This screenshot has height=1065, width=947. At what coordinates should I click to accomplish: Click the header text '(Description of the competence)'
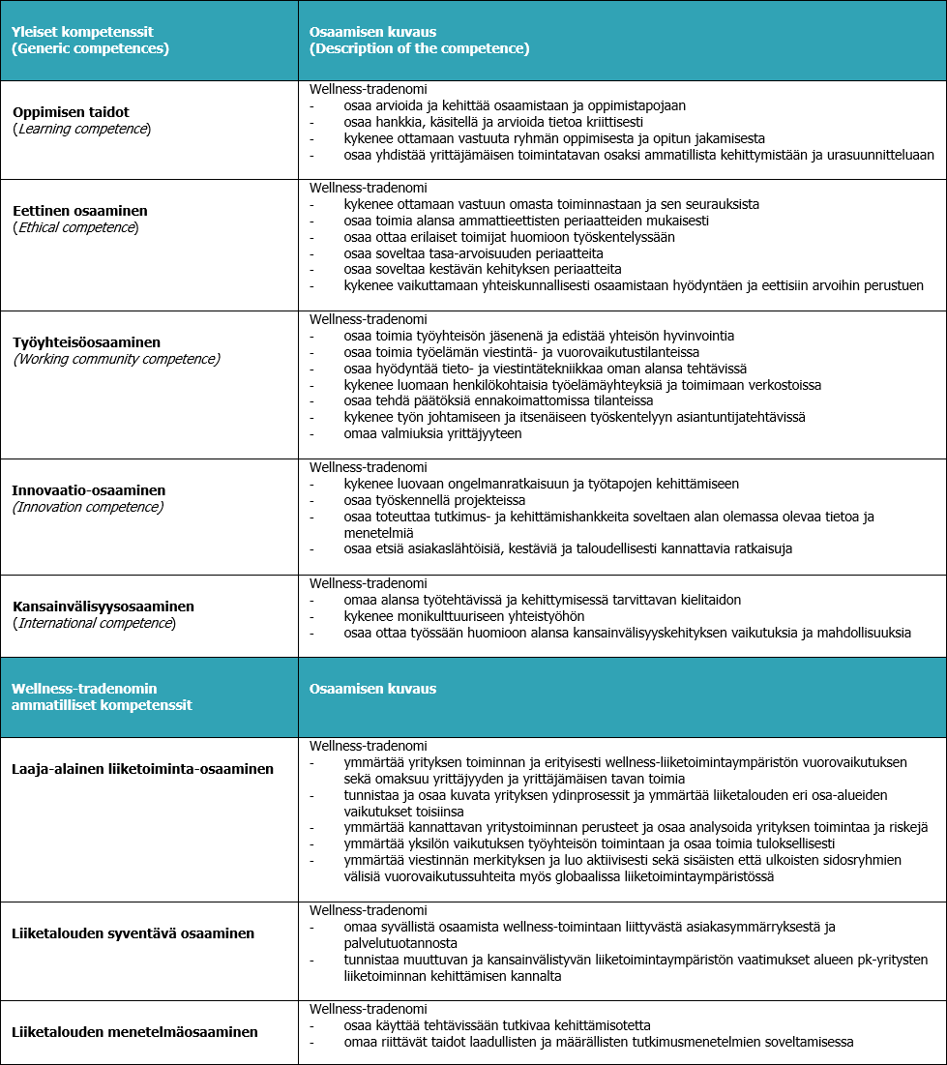point(419,48)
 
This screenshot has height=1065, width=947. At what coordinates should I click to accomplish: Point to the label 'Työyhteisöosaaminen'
point(86,342)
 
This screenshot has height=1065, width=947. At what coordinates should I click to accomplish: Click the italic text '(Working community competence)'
point(116,359)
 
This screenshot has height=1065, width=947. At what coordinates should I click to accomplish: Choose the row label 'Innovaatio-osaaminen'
point(89,490)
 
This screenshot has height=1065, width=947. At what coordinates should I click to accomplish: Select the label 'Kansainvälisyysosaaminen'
point(104,606)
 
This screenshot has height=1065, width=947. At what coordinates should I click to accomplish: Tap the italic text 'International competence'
point(94,623)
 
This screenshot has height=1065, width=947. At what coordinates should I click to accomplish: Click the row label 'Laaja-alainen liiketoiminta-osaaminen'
point(143,769)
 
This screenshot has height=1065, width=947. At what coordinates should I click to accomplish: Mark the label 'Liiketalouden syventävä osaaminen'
point(133,933)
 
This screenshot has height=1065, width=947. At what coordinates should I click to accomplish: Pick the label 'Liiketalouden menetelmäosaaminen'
point(135,1032)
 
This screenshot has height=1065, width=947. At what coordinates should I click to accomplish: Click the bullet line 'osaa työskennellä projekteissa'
point(434,500)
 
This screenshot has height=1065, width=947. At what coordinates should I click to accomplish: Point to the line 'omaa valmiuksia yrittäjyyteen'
point(432,433)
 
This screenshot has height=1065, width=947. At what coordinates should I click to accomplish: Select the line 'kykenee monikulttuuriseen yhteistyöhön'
point(463,616)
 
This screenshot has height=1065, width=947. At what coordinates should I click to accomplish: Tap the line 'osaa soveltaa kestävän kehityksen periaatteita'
point(482,269)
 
